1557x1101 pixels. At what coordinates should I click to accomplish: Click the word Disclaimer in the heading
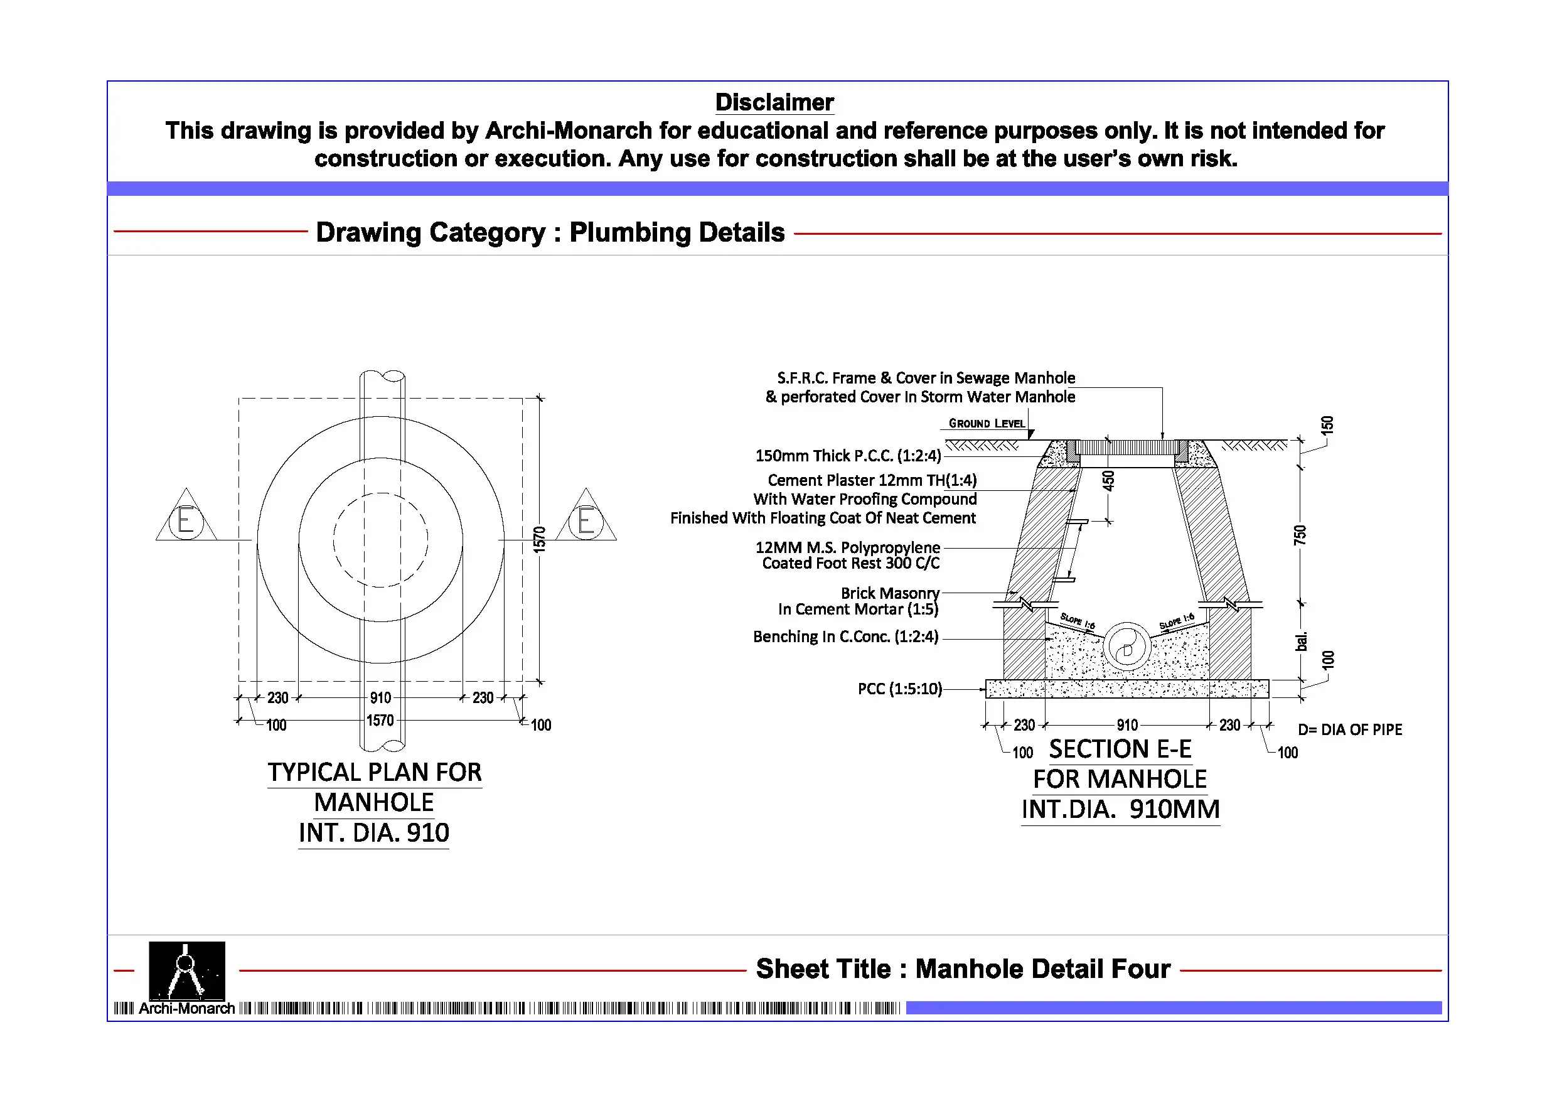pos(774,102)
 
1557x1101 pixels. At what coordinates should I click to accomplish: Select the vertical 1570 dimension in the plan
pos(539,539)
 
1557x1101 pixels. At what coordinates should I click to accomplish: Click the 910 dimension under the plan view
pos(380,697)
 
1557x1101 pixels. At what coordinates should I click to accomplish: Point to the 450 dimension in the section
pos(1108,481)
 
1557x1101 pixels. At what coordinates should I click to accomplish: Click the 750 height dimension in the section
pos(1299,535)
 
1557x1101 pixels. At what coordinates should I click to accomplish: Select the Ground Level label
pos(987,423)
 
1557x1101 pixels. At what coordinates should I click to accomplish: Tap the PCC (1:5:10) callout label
pos(900,689)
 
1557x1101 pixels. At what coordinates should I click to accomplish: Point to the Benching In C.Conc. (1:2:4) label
pos(845,636)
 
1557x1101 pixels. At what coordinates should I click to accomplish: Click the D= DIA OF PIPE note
pos(1349,729)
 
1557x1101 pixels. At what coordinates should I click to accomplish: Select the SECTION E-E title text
pos(1120,749)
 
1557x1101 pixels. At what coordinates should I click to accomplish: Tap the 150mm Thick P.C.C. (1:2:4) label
pos(848,455)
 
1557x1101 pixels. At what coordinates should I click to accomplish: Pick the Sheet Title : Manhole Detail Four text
pos(963,969)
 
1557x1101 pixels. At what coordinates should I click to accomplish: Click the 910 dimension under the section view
pos(1127,724)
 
